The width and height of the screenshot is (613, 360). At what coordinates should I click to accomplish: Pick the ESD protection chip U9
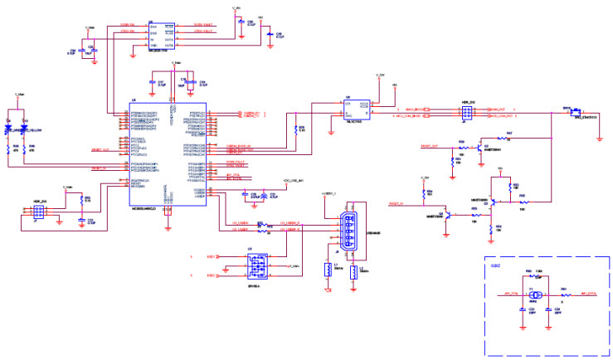click(x=255, y=266)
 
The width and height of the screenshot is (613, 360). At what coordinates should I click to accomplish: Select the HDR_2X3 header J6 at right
click(x=466, y=113)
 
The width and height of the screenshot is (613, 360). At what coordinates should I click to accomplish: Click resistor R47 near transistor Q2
click(x=508, y=138)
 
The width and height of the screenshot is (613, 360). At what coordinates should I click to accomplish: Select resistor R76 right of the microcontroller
click(x=294, y=129)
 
